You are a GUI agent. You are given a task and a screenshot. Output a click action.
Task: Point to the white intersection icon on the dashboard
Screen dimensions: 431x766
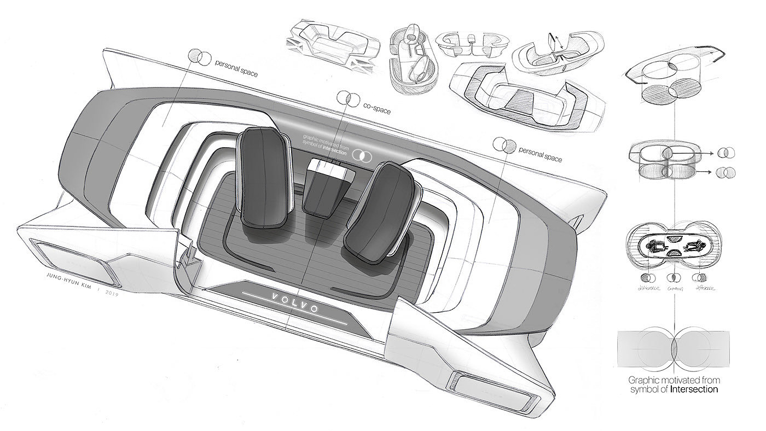click(x=362, y=155)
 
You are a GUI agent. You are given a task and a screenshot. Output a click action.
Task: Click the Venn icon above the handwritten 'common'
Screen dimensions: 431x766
click(x=673, y=277)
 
